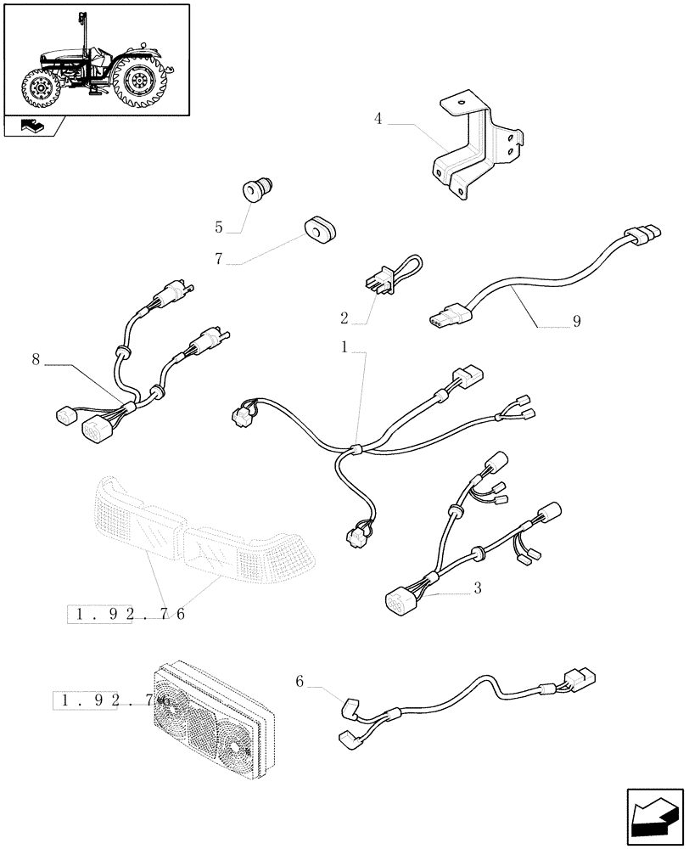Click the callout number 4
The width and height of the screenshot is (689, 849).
(x=378, y=120)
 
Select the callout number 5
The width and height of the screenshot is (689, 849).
(x=219, y=228)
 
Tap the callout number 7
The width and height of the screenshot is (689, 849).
(x=219, y=259)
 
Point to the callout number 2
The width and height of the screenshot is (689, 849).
(x=344, y=318)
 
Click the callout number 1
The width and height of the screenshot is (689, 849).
(x=344, y=347)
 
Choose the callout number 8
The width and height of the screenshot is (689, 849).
(x=36, y=359)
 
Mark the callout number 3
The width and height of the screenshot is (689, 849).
(x=478, y=588)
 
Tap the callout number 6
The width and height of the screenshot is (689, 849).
(x=300, y=680)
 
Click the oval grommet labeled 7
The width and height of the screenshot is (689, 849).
(x=318, y=228)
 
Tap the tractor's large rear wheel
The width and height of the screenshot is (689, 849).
(x=137, y=80)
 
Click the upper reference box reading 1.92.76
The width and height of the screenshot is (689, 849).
(x=127, y=613)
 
